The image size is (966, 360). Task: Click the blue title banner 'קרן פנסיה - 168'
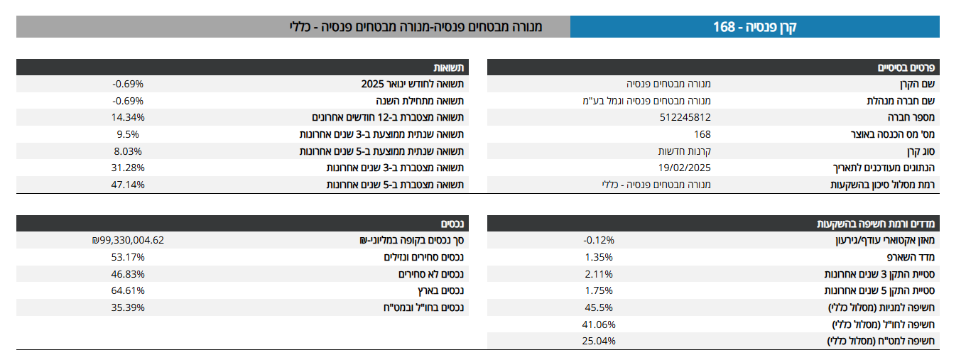pyautogui.click(x=755, y=27)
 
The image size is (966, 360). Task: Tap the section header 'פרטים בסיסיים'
pyautogui.click(x=908, y=67)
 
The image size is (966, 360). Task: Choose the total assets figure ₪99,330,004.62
pyautogui.click(x=128, y=240)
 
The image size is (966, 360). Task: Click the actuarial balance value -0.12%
pyautogui.click(x=598, y=240)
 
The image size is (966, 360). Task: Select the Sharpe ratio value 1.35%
pyautogui.click(x=598, y=256)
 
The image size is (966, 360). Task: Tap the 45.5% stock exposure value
pyautogui.click(x=598, y=307)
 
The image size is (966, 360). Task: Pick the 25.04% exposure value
pyautogui.click(x=598, y=340)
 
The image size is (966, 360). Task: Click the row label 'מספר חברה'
pyautogui.click(x=913, y=117)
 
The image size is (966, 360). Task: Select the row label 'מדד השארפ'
pyautogui.click(x=913, y=256)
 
